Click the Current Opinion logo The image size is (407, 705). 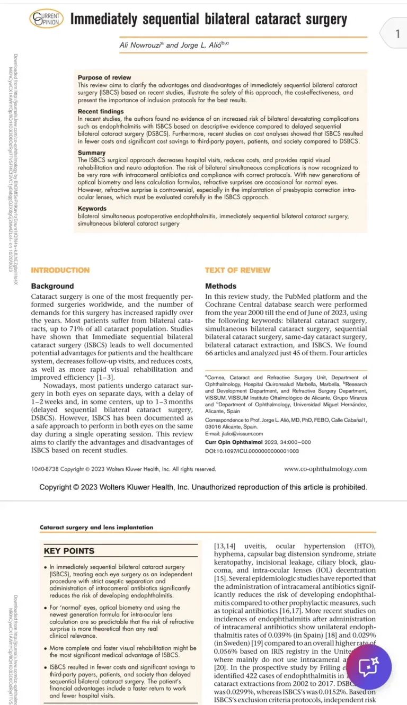point(47,20)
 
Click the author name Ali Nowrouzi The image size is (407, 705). point(142,45)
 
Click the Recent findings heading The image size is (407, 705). point(101,112)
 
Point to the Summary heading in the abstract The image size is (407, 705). point(92,153)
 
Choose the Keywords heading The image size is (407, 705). point(92,208)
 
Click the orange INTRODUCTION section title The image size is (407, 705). point(60,270)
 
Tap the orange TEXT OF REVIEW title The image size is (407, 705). point(237,270)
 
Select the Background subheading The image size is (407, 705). point(52,286)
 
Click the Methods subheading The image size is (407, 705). point(220,286)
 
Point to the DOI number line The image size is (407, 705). point(252,450)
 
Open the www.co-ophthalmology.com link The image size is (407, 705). point(325,469)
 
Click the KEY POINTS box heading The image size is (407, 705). point(69,551)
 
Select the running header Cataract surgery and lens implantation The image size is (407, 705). point(96,527)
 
